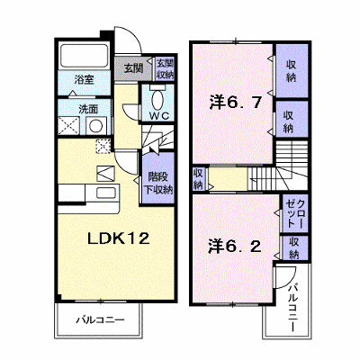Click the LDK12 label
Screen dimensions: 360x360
tap(118, 238)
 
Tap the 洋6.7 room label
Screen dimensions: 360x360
tap(235, 103)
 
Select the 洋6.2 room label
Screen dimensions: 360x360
tap(235, 247)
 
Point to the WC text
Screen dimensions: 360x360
tap(160, 116)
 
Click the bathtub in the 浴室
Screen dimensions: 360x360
tap(85, 56)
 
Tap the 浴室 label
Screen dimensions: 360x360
tap(85, 80)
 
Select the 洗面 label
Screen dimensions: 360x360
tap(88, 109)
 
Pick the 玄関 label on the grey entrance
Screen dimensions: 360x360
tap(133, 68)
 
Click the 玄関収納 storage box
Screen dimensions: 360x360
tap(166, 68)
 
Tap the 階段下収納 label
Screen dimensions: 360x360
tap(158, 183)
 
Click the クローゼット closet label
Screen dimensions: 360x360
tap(295, 214)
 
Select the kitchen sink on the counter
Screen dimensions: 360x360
tap(107, 193)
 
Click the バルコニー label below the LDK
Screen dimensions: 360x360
tap(100, 319)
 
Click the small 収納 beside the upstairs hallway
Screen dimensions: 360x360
tap(198, 179)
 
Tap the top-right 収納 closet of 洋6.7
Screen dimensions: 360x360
tap(292, 71)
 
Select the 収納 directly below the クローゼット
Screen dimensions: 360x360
tap(295, 247)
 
